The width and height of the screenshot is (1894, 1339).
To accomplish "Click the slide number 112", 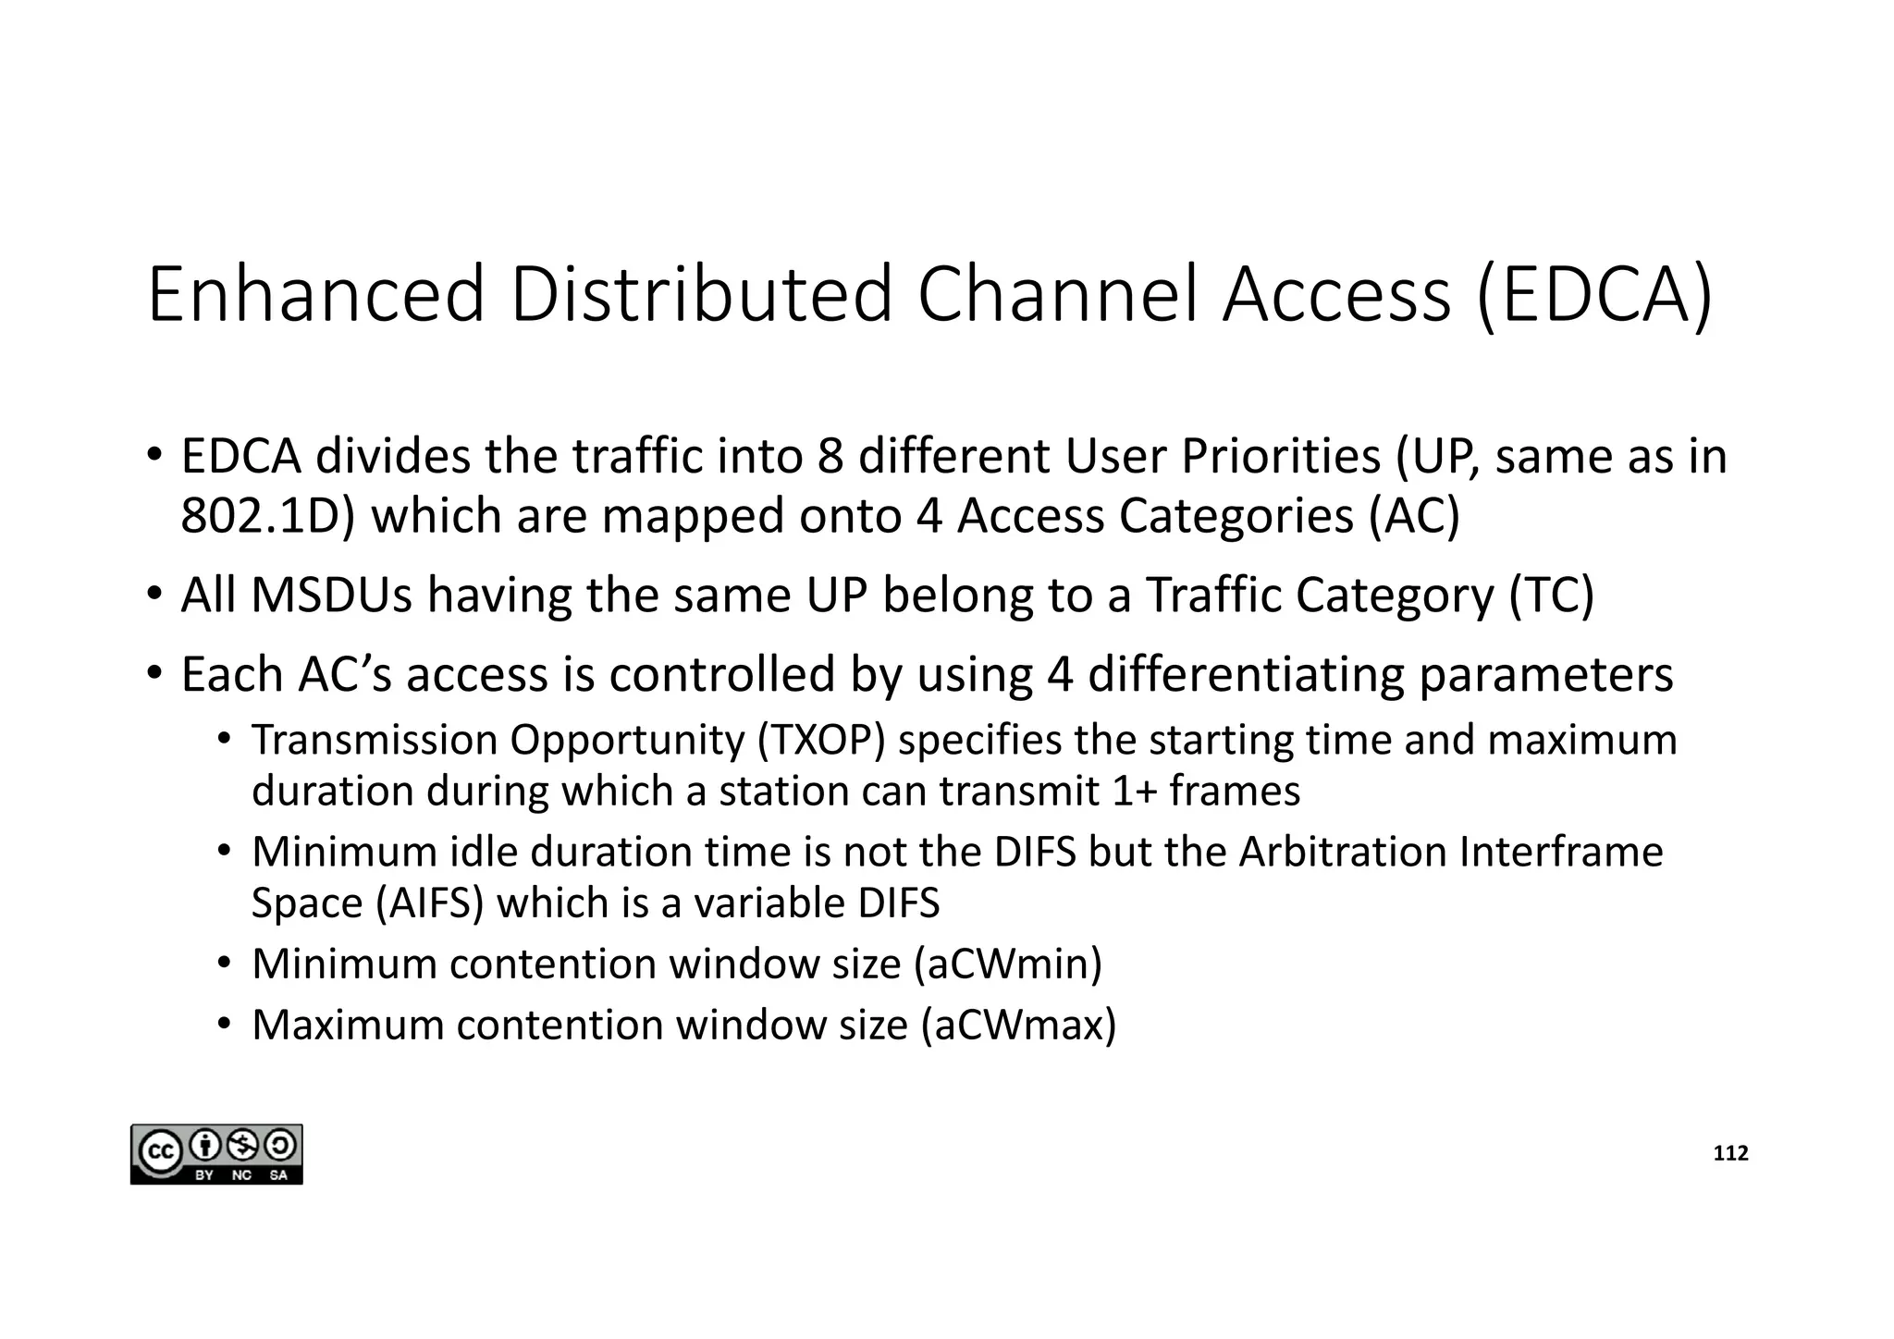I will point(1730,1153).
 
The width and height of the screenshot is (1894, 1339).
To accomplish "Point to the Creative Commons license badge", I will point(216,1154).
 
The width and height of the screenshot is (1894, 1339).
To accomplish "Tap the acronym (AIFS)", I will point(430,903).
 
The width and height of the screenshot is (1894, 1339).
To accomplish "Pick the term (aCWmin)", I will point(1007,964).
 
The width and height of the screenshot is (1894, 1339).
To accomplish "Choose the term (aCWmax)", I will point(1018,1025).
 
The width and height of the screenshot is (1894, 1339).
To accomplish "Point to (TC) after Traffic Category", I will point(1551,595).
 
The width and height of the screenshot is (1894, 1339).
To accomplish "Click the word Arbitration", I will point(1342,852).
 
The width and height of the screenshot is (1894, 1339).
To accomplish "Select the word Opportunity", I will point(626,740).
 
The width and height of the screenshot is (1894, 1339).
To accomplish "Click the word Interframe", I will point(1561,852).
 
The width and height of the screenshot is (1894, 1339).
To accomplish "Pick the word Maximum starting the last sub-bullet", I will point(348,1025).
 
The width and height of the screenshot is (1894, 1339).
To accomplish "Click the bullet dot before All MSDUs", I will point(154,592).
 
